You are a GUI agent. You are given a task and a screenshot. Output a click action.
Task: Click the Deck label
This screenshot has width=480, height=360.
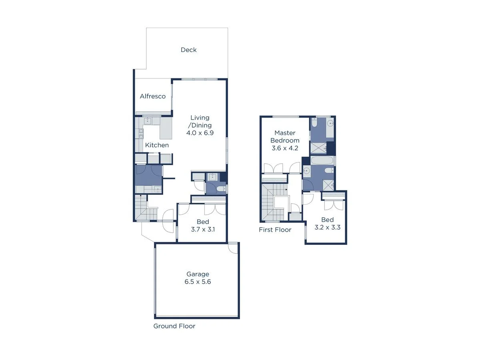pos(188,50)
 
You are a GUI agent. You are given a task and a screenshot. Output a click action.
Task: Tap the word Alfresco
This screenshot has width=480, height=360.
pos(152,96)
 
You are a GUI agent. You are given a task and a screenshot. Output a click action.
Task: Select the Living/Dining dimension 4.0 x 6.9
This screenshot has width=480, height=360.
pos(200,133)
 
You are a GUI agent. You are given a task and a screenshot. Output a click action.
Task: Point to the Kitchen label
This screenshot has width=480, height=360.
pos(157,145)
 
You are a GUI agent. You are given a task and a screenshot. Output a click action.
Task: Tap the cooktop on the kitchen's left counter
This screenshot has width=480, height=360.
pos(141,134)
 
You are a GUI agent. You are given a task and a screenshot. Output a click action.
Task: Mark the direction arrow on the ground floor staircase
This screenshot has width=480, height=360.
pos(140,196)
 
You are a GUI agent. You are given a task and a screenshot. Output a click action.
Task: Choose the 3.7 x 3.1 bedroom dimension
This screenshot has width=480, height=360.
pos(202,230)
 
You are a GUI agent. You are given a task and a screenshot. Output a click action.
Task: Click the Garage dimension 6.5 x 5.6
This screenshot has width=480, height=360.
pos(198,282)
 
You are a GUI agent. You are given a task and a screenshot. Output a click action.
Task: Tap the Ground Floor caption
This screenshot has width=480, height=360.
pos(174,326)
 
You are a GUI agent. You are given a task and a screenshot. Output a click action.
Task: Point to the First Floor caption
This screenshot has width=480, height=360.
pos(275,230)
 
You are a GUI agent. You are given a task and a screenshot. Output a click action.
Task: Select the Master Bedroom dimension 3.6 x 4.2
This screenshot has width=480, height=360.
pos(284,148)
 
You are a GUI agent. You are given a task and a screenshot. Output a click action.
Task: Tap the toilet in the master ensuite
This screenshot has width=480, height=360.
pos(314,124)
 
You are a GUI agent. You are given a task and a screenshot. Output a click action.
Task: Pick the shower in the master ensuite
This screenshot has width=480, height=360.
pos(318,148)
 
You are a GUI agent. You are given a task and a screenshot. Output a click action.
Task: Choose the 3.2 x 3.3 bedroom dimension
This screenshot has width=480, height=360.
pos(327,227)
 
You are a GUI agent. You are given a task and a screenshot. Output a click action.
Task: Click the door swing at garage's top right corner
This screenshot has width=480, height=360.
pos(232,248)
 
